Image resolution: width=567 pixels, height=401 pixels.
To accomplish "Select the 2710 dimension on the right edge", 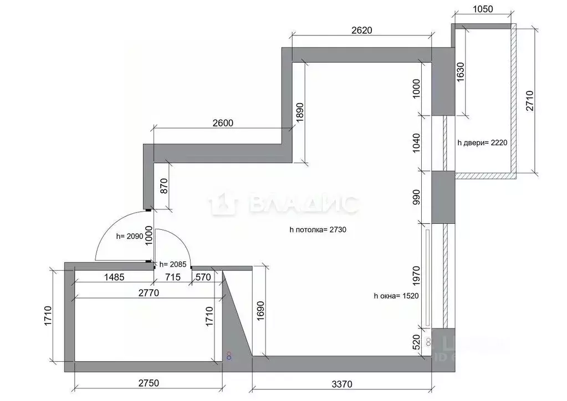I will (530, 100).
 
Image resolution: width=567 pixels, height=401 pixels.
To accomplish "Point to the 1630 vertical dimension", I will (461, 72).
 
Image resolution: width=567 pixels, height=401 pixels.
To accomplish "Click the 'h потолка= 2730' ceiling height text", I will (318, 229).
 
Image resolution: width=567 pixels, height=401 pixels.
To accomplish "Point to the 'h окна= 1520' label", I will (396, 296).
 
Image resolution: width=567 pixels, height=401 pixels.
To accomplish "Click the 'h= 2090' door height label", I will (130, 236).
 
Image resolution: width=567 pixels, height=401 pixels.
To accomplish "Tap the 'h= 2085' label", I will (173, 265).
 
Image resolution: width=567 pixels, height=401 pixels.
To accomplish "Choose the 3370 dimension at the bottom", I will (343, 383).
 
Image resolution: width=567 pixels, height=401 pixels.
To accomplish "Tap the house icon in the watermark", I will (223, 204).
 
